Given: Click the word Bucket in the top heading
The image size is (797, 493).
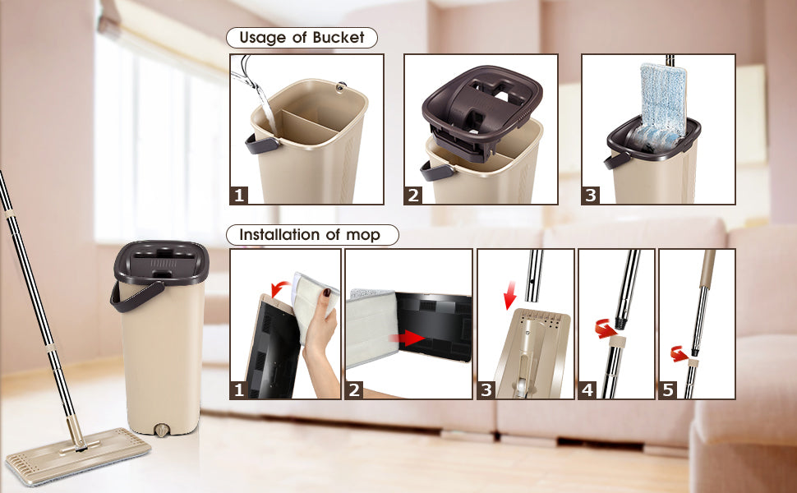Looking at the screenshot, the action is (x=339, y=38).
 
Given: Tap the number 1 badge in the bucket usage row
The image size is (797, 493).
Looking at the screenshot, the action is (x=239, y=196).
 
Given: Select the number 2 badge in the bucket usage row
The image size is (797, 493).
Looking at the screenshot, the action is (x=414, y=196).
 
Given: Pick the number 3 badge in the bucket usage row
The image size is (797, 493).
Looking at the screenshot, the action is (x=591, y=196).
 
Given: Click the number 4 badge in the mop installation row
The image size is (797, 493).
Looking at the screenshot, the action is (x=587, y=389).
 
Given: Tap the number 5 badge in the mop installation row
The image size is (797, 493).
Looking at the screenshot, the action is (x=668, y=389).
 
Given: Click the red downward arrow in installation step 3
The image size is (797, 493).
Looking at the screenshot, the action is (x=509, y=295).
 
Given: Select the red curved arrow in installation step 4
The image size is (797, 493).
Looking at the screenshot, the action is (x=606, y=329).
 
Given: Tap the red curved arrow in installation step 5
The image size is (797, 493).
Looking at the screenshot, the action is (x=679, y=353).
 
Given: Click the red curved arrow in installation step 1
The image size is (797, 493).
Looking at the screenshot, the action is (x=280, y=289).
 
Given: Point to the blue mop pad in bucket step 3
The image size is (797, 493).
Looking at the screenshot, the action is (x=659, y=108).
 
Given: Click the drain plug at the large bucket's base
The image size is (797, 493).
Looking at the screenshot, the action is (x=162, y=430).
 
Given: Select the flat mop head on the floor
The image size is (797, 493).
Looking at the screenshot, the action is (x=78, y=455).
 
